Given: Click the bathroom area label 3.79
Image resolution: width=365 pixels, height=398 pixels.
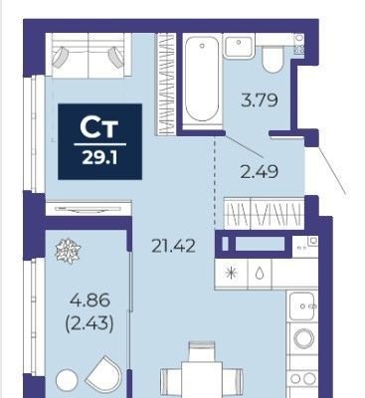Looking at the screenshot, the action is pos(260,100).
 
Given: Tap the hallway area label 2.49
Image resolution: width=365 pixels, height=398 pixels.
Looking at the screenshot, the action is pos(259,172).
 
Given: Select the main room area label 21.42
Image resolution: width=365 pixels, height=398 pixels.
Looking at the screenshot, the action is pos(173,247).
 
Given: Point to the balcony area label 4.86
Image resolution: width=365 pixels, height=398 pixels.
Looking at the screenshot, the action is pos(90,300).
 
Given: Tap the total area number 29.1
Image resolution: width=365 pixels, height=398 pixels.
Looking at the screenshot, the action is pos(99,159).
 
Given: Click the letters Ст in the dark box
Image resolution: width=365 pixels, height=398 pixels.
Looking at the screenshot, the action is pos(99,128).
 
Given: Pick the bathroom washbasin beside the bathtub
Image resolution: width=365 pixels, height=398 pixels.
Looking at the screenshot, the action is pos(239,46).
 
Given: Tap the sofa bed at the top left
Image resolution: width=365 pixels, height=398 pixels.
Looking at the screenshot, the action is pos(89,55).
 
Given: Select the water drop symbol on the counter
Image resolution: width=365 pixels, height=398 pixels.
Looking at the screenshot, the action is pos(260,274).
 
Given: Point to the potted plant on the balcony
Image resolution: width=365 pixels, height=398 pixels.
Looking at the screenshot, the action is pos(69,251).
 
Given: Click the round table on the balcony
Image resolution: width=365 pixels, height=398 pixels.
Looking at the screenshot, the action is pos(67,380).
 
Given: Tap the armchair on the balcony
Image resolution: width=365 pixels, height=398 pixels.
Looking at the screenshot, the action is pos(104,375).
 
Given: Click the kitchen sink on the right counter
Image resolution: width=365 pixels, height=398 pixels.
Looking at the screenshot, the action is pos(302,305).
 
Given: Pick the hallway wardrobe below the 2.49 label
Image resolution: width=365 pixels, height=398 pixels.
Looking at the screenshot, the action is pos(265,213).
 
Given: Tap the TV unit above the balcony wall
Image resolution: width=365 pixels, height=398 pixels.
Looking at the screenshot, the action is pos(89,209).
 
